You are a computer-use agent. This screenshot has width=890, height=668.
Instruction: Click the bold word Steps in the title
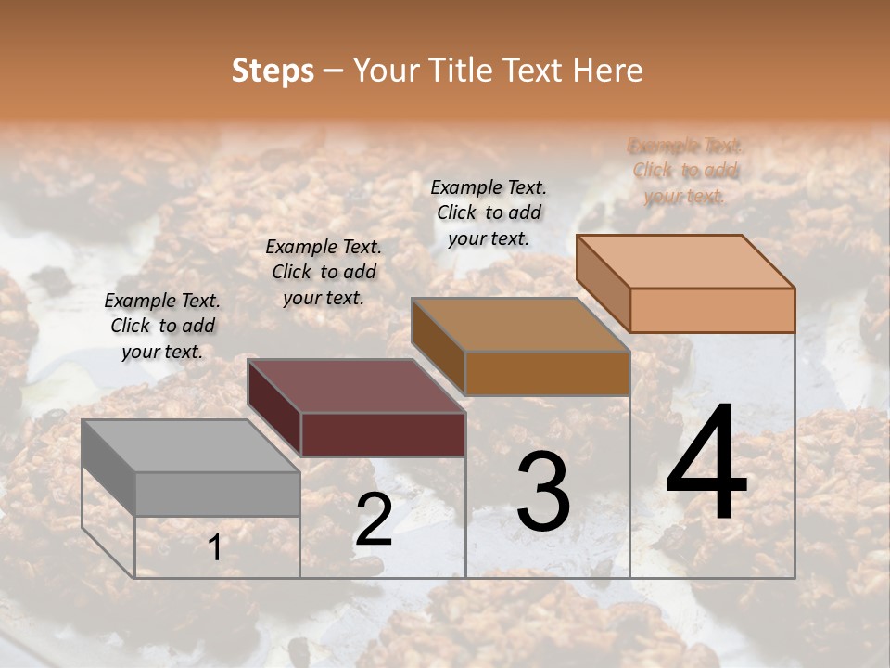pos(273,71)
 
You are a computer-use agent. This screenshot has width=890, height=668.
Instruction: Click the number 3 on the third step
pos(543,493)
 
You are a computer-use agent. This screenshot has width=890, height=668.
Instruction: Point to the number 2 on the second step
pos(374,520)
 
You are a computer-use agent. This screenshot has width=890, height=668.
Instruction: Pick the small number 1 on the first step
pos(215,547)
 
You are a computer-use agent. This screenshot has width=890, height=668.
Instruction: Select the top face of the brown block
pos(520,326)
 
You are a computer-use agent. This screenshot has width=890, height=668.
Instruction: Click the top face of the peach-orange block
pos(685,262)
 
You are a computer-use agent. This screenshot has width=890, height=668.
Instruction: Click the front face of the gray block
pos(217,494)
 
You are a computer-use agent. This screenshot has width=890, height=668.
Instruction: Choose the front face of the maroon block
pos(382,434)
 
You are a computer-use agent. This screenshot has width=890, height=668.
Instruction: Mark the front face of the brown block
pos(547,373)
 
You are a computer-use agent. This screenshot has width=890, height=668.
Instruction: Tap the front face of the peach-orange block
pos(712,310)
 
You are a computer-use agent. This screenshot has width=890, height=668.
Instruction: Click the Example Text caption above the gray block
pos(162,326)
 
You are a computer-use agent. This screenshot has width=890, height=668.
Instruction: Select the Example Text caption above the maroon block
pos(324,272)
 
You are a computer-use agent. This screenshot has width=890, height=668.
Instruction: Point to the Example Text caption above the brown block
pos(489,212)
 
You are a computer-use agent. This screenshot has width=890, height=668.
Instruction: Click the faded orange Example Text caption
pos(685,171)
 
